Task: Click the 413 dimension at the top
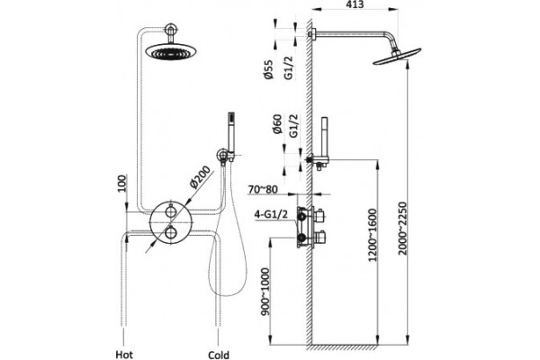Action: point(354,4)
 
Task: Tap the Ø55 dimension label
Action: point(268,70)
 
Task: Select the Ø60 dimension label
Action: point(277,124)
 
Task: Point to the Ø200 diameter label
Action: point(200,177)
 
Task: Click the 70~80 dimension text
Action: point(263,190)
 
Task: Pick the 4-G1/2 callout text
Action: point(271,214)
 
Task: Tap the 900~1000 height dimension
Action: point(265,292)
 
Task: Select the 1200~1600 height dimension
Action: point(373,235)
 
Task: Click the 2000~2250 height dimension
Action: point(402,229)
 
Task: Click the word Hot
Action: point(124,355)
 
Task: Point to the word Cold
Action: point(219,355)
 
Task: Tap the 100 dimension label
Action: point(122,184)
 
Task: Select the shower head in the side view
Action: point(397,56)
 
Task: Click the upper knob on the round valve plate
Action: point(171,210)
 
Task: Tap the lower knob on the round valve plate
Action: point(171,233)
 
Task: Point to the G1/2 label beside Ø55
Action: point(289,68)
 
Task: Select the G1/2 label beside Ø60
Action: point(293,126)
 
